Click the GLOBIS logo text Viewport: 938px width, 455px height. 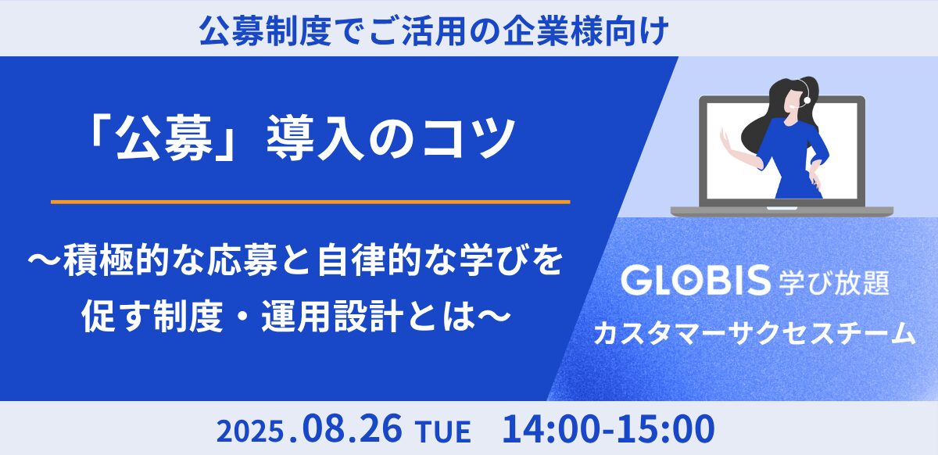tap(696, 281)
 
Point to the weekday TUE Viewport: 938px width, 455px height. tap(443, 432)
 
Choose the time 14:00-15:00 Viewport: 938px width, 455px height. tap(608, 428)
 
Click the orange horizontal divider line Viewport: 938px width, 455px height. tap(310, 202)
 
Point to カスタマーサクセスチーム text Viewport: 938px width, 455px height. tap(754, 334)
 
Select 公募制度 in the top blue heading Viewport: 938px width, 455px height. tap(265, 30)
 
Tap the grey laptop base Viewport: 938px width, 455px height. tap(782, 211)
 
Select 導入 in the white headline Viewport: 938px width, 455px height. tap(315, 138)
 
